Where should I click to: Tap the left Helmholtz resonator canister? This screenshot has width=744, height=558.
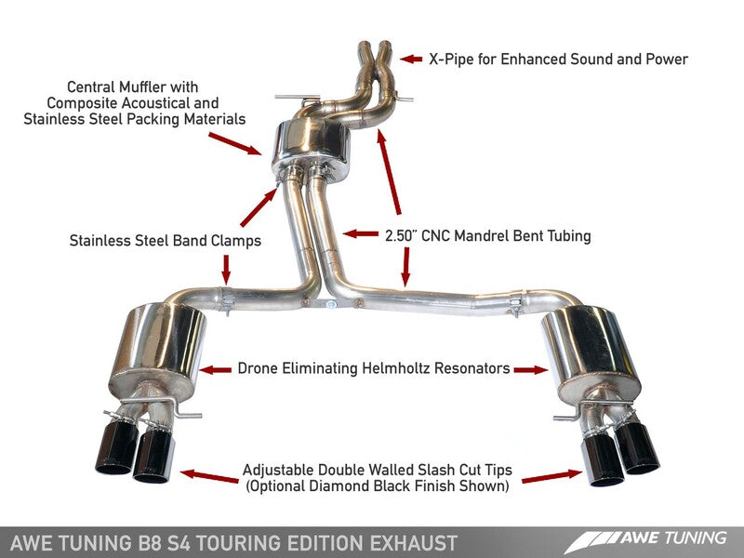[x=164, y=347]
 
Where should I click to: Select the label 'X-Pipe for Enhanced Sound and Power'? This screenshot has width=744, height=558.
[x=558, y=60]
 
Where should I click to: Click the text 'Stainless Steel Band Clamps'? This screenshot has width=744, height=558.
[x=165, y=241]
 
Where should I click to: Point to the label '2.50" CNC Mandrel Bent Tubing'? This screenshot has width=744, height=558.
[x=488, y=236]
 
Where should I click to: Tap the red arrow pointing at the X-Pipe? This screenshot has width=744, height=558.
[x=410, y=59]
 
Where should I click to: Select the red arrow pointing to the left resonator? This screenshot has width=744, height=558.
[x=217, y=369]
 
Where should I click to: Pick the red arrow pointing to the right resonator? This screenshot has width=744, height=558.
[x=531, y=369]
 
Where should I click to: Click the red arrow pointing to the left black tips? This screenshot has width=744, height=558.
[x=210, y=474]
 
